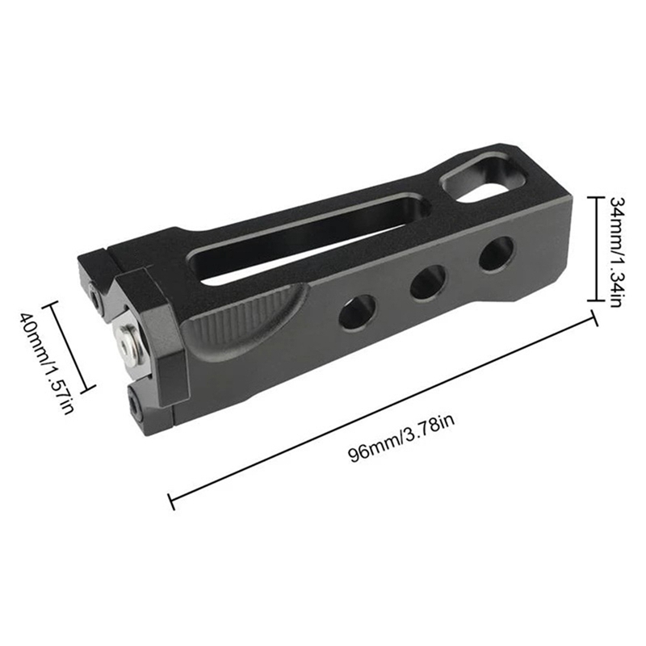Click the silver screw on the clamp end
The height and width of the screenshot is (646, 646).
point(128,342)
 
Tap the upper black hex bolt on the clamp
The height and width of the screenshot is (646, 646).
point(97,299)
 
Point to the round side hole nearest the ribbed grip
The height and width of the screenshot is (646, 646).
point(358,311)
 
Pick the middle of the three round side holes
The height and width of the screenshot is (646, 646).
point(428,282)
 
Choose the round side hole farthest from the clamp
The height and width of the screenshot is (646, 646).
point(497,254)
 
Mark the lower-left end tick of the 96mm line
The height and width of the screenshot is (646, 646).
point(171,501)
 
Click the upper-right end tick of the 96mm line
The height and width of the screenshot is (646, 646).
point(595,317)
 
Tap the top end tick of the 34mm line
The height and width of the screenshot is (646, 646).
point(592,196)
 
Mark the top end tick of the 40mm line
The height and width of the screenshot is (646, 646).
point(53,304)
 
